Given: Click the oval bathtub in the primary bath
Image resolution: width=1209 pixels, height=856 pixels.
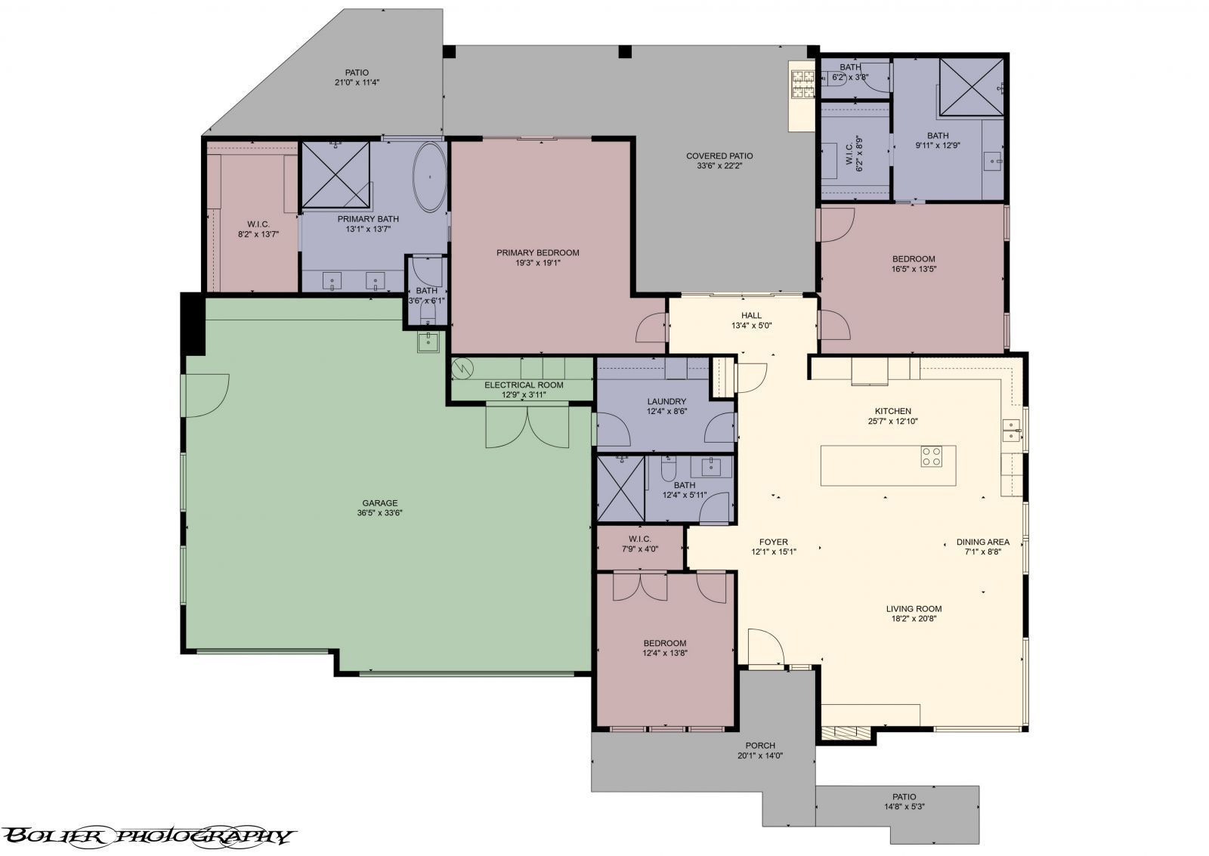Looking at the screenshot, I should [429, 177].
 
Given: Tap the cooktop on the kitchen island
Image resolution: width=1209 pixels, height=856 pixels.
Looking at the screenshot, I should [931, 456].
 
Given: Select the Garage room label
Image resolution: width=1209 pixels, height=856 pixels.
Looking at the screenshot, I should [379, 503].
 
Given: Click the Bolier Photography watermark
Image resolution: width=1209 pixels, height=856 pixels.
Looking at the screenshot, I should [147, 836].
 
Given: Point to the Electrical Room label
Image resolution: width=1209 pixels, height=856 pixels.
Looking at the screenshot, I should [524, 385].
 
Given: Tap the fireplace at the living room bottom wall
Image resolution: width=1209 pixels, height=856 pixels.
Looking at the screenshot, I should [846, 732].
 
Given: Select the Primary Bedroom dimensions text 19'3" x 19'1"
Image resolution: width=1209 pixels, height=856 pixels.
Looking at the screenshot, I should [537, 263].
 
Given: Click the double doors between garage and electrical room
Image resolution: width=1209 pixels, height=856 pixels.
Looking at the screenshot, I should [527, 427].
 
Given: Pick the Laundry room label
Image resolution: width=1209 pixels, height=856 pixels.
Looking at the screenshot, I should [666, 401].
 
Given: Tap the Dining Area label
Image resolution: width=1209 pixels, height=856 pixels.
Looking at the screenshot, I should [982, 542].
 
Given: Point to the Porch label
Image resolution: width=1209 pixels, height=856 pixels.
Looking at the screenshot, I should [760, 745].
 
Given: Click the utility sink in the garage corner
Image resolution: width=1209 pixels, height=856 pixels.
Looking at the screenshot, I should [428, 342].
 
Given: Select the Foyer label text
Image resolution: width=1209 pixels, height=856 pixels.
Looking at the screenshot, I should [774, 542].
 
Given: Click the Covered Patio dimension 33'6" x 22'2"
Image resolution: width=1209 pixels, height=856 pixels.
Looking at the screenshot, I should [719, 166].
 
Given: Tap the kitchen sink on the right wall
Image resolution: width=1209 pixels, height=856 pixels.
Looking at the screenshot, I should [1010, 430].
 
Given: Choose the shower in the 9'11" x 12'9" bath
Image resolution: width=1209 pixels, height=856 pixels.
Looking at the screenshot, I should [970, 86].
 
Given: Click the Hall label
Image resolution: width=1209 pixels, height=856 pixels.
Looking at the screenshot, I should [751, 316].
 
